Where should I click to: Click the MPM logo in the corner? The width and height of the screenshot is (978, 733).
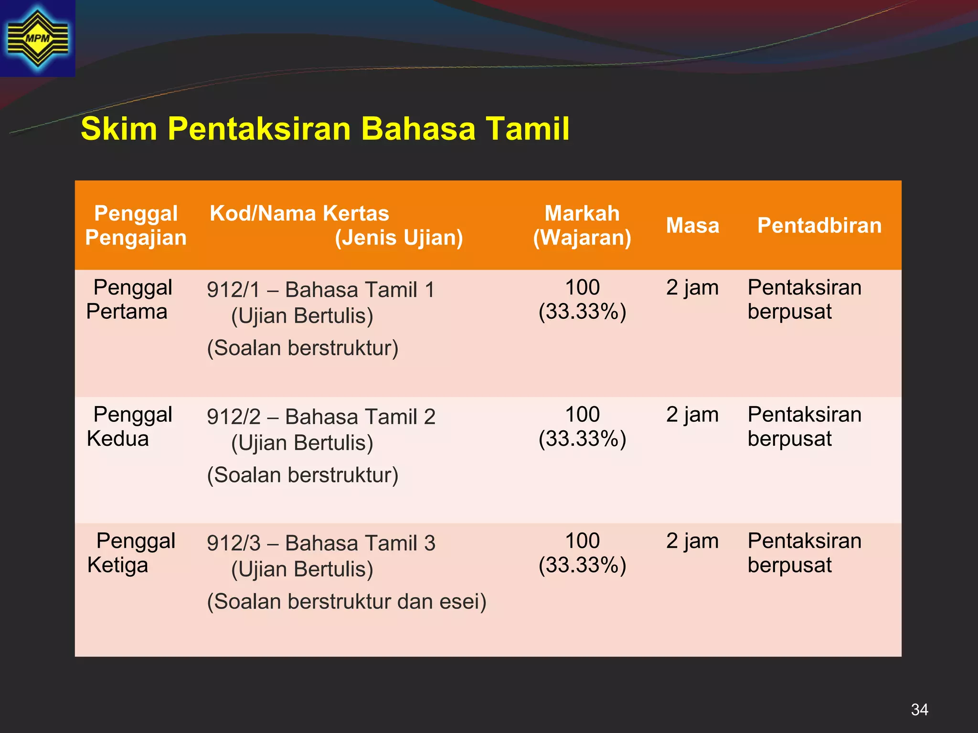point(37,38)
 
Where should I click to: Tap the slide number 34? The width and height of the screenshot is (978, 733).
point(919,710)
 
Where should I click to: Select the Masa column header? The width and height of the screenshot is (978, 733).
point(692,225)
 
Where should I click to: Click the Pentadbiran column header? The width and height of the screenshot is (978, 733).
point(819,225)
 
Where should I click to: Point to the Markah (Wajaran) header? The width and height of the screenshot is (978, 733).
point(582,225)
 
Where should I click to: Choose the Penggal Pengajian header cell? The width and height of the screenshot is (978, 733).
point(136,225)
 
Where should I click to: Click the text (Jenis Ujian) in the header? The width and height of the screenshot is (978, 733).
point(399,238)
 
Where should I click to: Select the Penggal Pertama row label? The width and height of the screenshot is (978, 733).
point(129,300)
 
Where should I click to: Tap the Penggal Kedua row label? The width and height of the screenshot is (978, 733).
point(129,427)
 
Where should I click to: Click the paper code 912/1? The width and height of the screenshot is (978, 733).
point(234,290)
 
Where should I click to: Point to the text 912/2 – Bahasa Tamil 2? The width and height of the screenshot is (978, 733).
point(321,417)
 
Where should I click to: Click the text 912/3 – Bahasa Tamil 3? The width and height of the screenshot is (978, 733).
point(321,544)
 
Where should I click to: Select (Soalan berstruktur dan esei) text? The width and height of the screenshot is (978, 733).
point(347,602)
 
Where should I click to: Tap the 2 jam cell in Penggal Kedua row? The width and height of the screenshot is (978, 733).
point(692,415)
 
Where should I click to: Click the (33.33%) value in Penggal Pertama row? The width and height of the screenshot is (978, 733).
point(582,312)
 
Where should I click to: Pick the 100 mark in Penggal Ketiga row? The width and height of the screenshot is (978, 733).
point(582,541)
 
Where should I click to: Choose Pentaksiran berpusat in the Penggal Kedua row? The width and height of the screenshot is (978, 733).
point(804,427)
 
